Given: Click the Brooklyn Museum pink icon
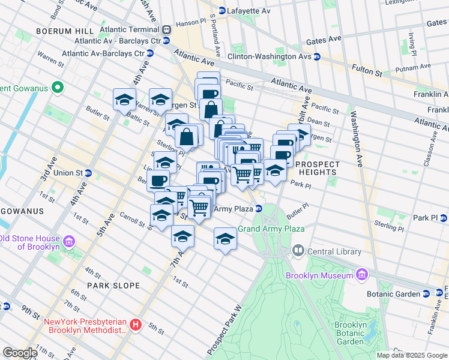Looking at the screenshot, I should coord(361,275).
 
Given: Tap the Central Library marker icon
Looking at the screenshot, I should coord(298,250).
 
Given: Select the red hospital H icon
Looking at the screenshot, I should coord(136,325).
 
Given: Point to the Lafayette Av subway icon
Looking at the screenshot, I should coord(221,10).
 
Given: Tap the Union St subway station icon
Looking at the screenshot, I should coord(88,173).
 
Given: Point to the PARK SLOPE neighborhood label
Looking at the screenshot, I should coord(113,286).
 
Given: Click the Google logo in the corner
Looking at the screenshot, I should coord(20,353).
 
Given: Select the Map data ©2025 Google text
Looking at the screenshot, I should coord(411,355).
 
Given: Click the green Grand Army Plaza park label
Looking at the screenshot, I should coord(271,229).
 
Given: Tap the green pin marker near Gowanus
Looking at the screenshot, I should coord(58,88).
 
